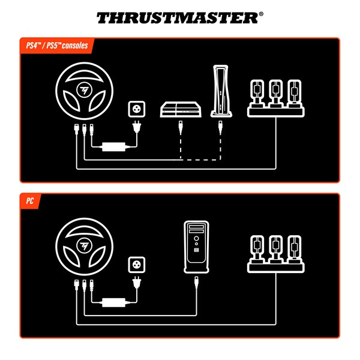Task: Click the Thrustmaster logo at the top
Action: (x=179, y=17)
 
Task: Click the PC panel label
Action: (x=29, y=200)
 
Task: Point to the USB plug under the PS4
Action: (x=181, y=126)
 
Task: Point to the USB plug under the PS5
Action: (x=220, y=126)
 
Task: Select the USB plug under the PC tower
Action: (x=197, y=282)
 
